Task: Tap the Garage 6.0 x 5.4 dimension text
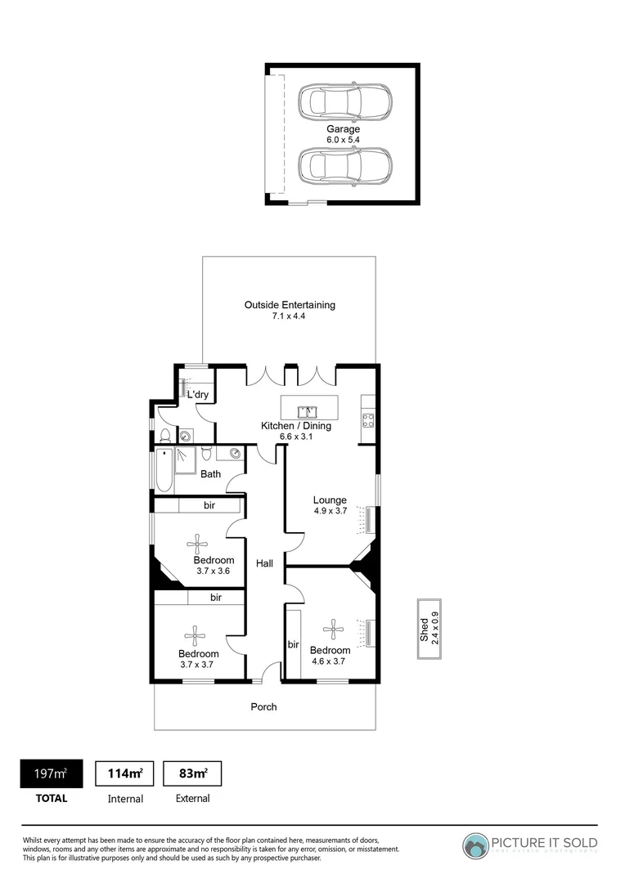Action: click(344, 141)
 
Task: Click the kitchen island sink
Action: click(310, 410)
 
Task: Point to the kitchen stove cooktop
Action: click(368, 421)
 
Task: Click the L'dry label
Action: click(197, 395)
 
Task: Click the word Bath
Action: click(211, 474)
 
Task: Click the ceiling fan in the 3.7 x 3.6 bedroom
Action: click(197, 542)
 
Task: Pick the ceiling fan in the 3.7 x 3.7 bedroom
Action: click(195, 634)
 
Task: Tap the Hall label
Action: click(264, 563)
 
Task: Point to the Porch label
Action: click(264, 706)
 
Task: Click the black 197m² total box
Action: click(52, 773)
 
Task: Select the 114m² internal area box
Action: click(125, 773)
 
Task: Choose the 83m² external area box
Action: click(193, 773)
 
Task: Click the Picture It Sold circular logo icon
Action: click(477, 845)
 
